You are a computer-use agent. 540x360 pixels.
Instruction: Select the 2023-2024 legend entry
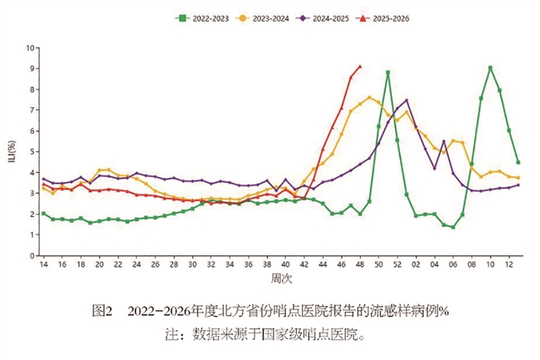[265, 18]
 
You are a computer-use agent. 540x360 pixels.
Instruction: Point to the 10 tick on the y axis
[30, 49]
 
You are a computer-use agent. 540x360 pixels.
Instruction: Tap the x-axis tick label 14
[44, 266]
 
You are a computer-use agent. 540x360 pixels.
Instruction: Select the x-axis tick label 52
[397, 266]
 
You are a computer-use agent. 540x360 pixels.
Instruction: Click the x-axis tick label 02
[416, 266]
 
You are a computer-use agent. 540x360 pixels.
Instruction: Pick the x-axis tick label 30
[193, 266]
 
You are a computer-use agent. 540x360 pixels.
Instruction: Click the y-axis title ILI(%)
[12, 151]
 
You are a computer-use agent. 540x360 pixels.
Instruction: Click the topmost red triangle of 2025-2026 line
[360, 66]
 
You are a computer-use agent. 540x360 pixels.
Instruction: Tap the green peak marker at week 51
[387, 72]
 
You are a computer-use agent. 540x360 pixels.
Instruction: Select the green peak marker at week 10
[490, 68]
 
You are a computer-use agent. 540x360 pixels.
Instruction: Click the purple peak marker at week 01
[406, 101]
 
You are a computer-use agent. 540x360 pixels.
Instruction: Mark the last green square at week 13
[518, 162]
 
